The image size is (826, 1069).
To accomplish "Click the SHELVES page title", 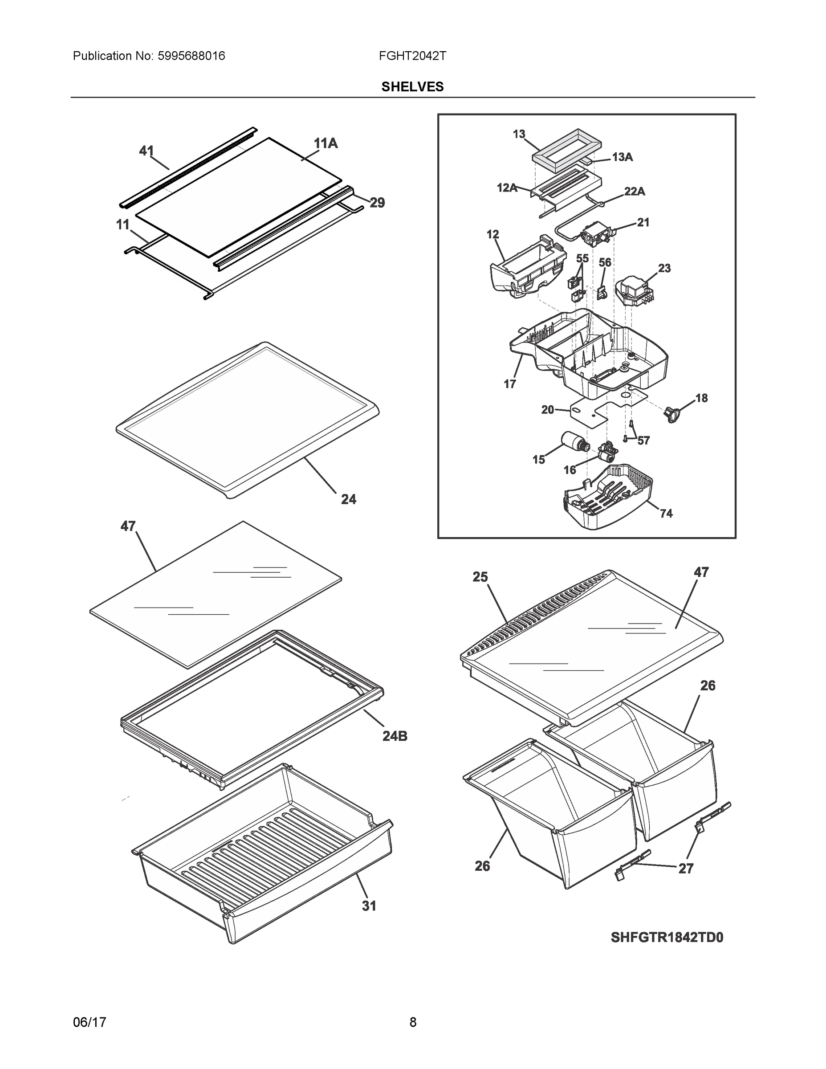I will [412, 87].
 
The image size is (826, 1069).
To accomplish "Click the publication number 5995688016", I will [191, 56].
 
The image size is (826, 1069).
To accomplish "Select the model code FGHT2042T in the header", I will [412, 56].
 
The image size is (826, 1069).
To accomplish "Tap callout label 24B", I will [395, 736].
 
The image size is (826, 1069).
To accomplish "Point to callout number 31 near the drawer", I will [369, 906].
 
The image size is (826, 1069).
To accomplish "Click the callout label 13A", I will [622, 157].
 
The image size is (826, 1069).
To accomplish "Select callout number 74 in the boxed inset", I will [666, 514].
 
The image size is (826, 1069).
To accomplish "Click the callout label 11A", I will [326, 143].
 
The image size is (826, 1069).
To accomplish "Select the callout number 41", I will [146, 151].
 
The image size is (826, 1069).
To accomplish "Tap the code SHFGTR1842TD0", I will [667, 937].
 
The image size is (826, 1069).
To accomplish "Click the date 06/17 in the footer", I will [89, 1022].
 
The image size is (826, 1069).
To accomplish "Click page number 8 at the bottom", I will [412, 1022].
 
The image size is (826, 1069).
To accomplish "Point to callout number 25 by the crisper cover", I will [480, 577].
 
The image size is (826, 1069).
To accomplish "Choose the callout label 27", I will [686, 868].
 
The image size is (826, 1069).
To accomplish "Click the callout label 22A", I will [634, 192].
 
